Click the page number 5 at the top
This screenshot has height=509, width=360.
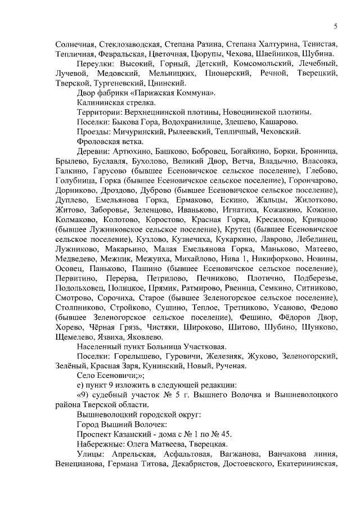[x=335, y=26]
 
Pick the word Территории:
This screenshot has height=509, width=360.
[x=100, y=112]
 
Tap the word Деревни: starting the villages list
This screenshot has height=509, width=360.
[x=93, y=151]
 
